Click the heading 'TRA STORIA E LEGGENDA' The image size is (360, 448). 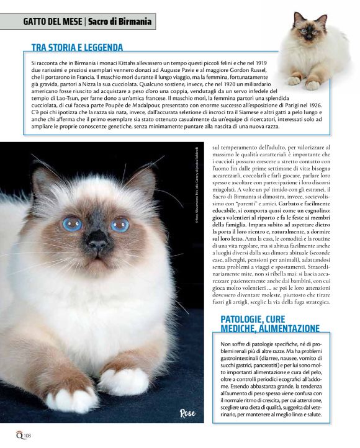[77, 47]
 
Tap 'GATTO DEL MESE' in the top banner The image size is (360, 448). [52, 22]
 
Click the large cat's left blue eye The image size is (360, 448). [72, 224]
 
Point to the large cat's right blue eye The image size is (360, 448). [119, 225]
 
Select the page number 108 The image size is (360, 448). [27, 434]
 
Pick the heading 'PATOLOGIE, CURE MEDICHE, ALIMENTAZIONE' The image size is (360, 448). [270, 323]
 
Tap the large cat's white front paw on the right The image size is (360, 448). [124, 380]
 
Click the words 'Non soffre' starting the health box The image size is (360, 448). [235, 343]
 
